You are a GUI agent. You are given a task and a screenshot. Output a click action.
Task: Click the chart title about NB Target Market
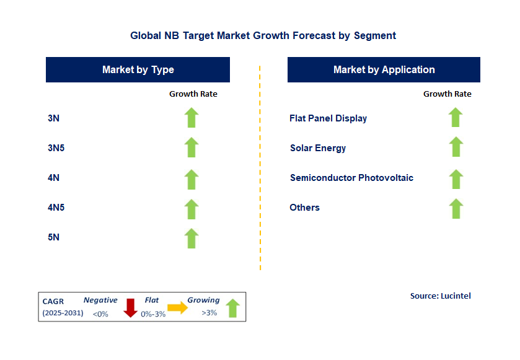coord(263,36)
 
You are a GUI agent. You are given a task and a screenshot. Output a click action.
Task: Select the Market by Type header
coord(138,70)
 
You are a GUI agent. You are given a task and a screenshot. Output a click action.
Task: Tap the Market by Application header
coord(384,70)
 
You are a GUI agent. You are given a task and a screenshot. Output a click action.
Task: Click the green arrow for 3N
coord(192,118)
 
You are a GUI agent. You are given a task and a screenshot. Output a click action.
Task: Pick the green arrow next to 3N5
coord(192,147)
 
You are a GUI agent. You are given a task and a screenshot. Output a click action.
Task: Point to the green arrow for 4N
coord(192,178)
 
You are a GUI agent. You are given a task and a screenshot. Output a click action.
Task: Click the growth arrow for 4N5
coord(192,209)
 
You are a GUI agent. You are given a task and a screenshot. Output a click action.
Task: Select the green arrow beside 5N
coord(192,239)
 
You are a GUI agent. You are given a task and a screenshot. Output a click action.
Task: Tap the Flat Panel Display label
coord(328,118)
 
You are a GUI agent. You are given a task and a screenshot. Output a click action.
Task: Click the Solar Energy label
coord(318,148)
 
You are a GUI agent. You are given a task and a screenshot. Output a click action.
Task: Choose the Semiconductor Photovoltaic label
coord(351,178)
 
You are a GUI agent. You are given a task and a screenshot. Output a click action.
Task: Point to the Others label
coord(304,208)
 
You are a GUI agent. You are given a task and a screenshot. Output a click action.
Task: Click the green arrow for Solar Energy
coord(456,147)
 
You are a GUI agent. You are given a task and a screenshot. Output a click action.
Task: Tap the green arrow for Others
coord(456,209)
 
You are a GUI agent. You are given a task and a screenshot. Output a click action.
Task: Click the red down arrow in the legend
coord(130,307)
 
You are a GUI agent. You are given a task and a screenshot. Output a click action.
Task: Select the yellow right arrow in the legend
coord(177,308)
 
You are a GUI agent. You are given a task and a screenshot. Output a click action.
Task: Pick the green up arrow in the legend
coord(232,308)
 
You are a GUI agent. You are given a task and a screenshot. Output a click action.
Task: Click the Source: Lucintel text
coord(440,296)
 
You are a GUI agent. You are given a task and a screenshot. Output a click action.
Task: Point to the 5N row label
coord(53,237)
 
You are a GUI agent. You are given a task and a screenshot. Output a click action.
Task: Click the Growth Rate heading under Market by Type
coord(193,94)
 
